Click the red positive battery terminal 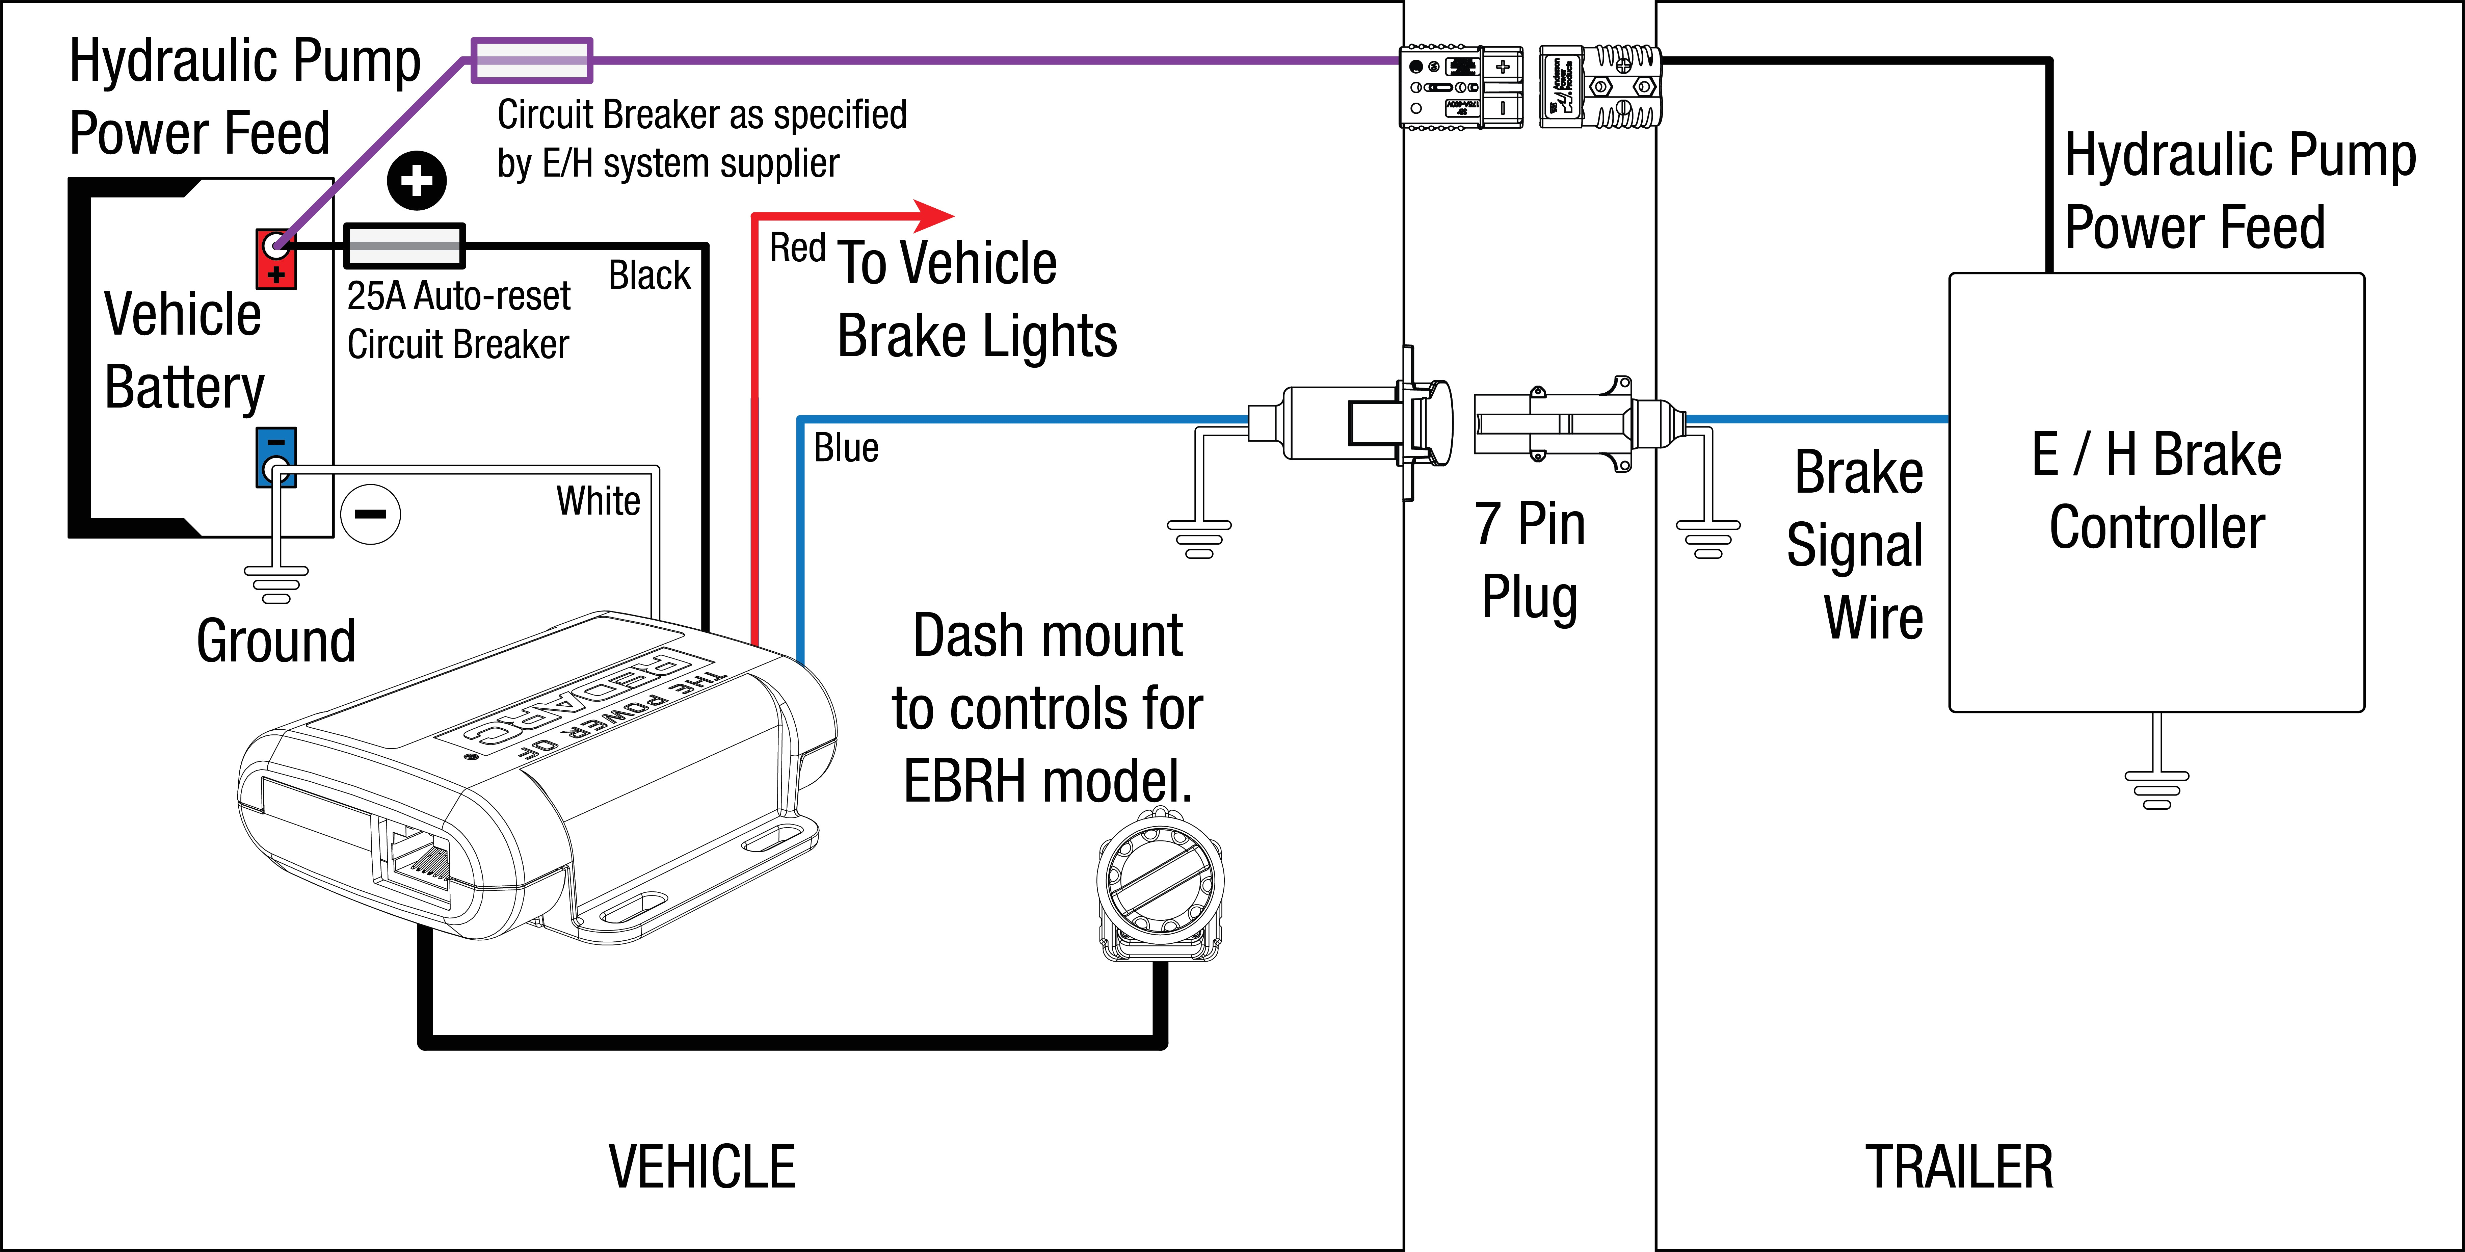275,258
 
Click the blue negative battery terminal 275,458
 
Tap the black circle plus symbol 416,180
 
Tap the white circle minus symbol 370,514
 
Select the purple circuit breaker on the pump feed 532,60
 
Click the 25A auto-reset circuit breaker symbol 404,246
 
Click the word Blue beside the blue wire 846,448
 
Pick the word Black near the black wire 649,276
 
